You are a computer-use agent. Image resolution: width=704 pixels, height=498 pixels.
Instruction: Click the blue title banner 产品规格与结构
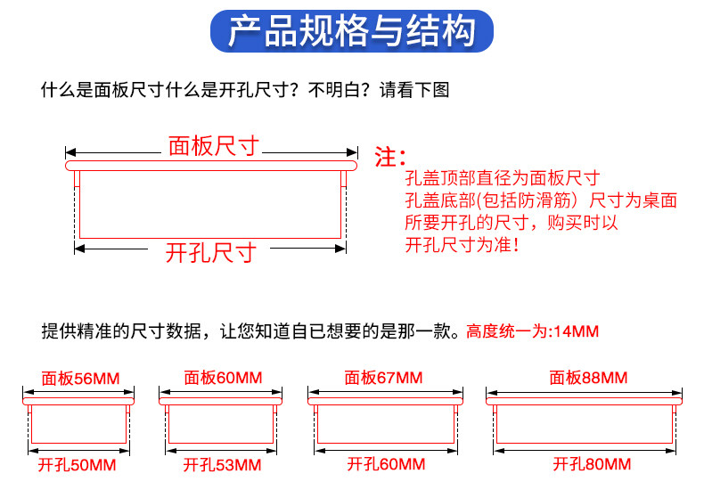pyautogui.click(x=351, y=31)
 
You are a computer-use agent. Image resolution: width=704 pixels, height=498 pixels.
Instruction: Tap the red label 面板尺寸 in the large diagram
pyautogui.click(x=214, y=146)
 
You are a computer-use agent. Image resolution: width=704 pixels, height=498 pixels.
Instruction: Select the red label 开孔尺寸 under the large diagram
pyautogui.click(x=211, y=253)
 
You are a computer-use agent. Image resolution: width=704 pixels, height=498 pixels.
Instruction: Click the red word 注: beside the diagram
pyautogui.click(x=389, y=159)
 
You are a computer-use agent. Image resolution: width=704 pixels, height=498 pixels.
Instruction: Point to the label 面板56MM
pyautogui.click(x=78, y=379)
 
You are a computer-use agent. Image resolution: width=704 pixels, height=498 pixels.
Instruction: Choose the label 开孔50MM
pyautogui.click(x=78, y=465)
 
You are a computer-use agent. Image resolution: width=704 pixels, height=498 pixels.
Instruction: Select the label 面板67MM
pyautogui.click(x=383, y=379)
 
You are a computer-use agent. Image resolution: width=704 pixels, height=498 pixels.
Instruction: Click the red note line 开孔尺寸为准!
pyautogui.click(x=462, y=244)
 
